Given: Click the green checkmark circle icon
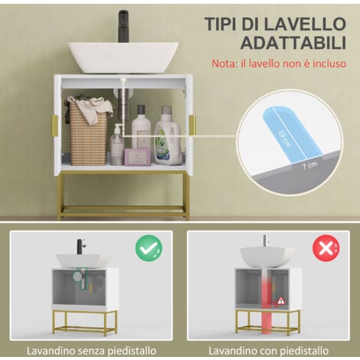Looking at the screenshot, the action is [149, 248].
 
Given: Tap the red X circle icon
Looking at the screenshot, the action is [326, 248].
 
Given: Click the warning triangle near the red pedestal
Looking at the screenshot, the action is [281, 300].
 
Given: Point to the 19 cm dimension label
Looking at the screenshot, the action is [284, 139].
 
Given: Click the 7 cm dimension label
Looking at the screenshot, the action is [309, 165].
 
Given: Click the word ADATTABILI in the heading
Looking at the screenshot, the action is [293, 43].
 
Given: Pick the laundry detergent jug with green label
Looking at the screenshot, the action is [169, 137].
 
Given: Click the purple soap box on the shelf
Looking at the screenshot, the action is [137, 157].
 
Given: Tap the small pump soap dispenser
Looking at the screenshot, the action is [117, 144].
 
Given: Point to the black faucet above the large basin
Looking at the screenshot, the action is [123, 26].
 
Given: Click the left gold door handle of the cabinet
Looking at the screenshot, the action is [55, 126].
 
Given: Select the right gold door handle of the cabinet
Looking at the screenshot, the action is [192, 125].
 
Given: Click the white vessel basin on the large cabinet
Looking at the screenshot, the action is [123, 57].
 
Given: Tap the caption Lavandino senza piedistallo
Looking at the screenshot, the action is [91, 351].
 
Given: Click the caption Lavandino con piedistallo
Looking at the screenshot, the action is [268, 351].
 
